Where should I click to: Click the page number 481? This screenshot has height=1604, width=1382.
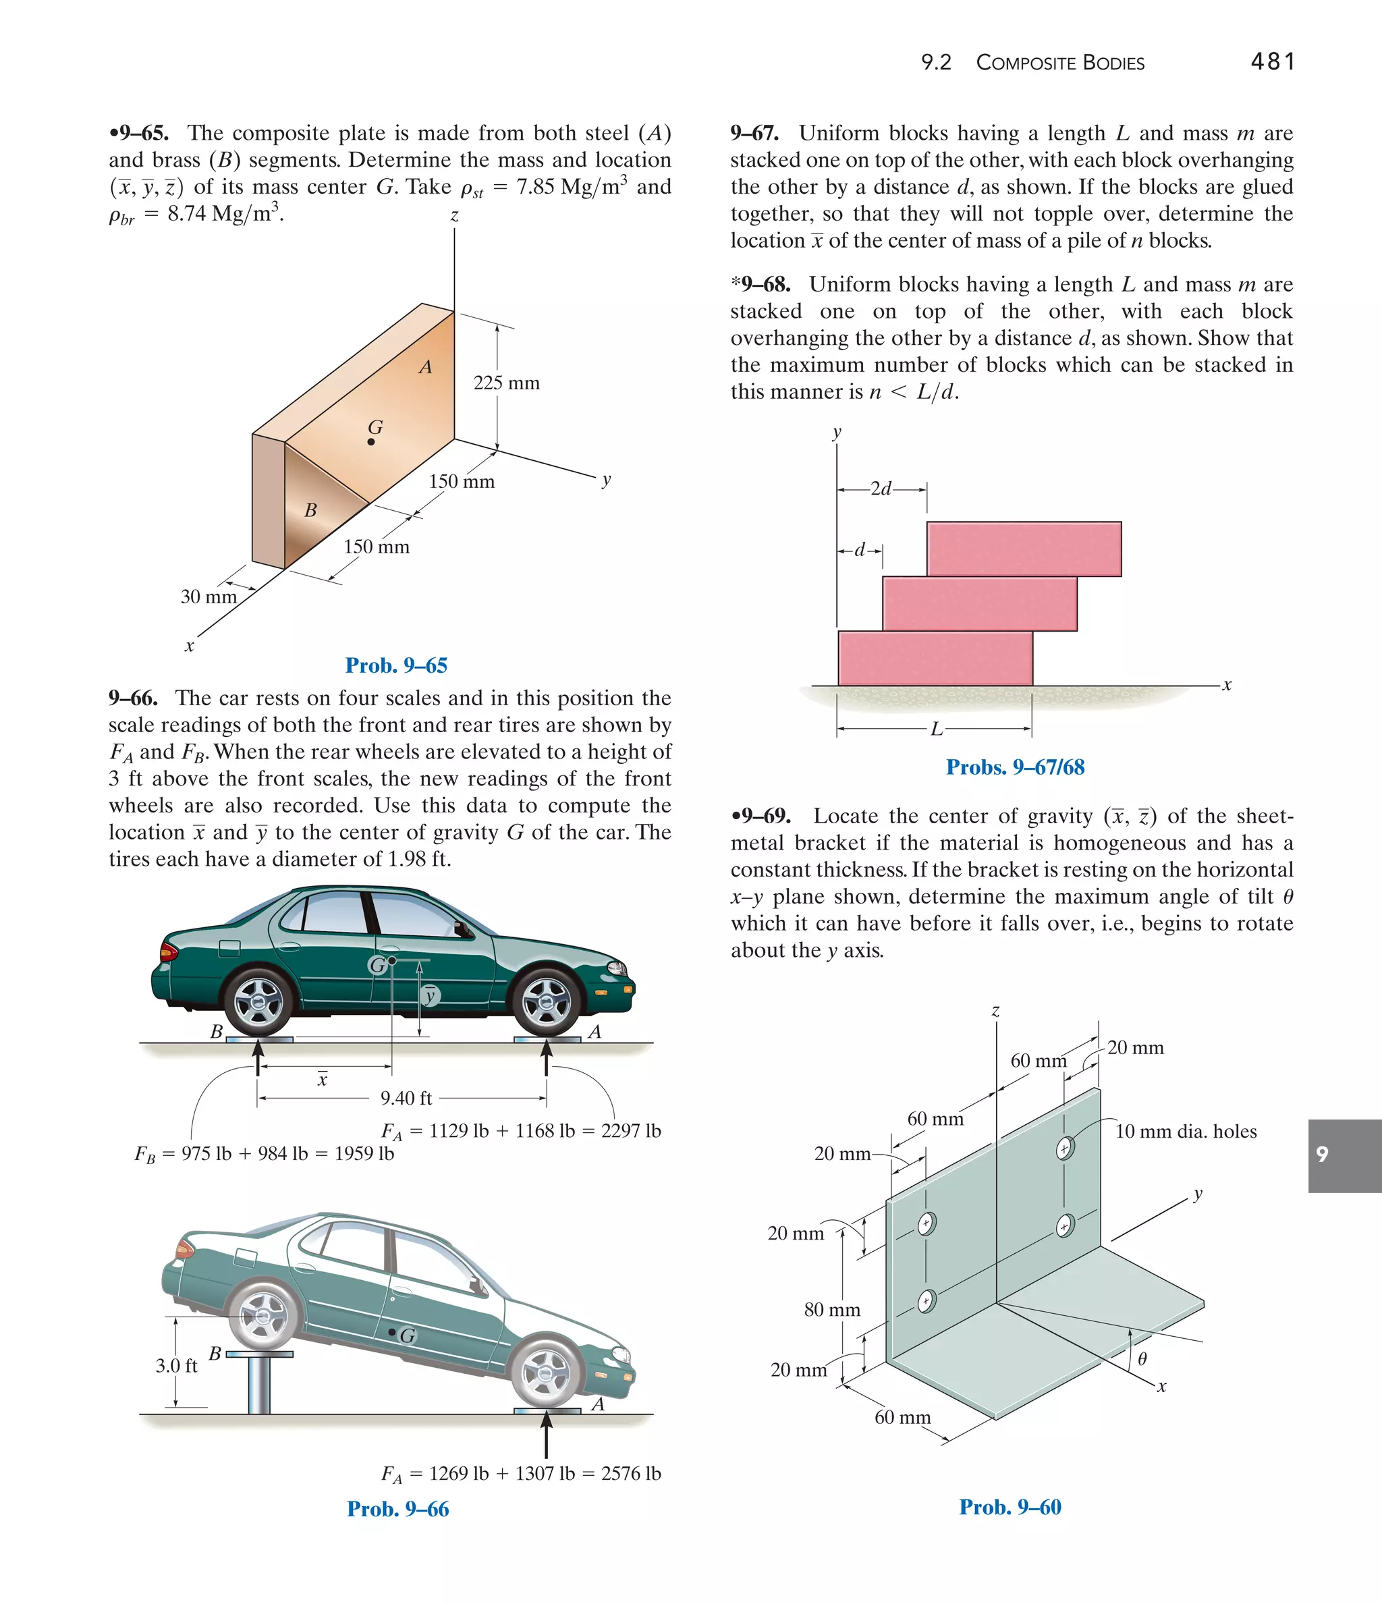(1273, 61)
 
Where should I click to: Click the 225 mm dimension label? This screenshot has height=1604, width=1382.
(506, 383)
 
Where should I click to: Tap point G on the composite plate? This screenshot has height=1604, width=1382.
(372, 442)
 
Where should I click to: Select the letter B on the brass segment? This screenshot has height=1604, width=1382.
(310, 511)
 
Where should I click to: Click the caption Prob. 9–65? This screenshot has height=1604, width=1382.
(396, 666)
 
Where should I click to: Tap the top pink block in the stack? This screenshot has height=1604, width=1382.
(1024, 549)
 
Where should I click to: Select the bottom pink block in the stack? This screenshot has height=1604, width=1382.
(935, 658)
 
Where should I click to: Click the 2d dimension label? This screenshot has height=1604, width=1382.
(881, 489)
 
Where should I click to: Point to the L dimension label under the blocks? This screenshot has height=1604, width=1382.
(936, 729)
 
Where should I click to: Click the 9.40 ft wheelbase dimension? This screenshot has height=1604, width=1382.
(406, 1099)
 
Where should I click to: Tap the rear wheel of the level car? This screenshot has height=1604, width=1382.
(259, 1003)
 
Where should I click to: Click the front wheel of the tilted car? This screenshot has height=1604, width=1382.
(546, 1374)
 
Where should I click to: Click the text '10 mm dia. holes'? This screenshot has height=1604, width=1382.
(1186, 1132)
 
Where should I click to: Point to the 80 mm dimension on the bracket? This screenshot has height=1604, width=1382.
(831, 1310)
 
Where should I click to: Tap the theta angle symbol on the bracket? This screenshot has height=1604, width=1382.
(1142, 1358)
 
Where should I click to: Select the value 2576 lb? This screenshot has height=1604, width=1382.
(631, 1473)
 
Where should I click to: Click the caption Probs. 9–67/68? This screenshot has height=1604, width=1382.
(1015, 767)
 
